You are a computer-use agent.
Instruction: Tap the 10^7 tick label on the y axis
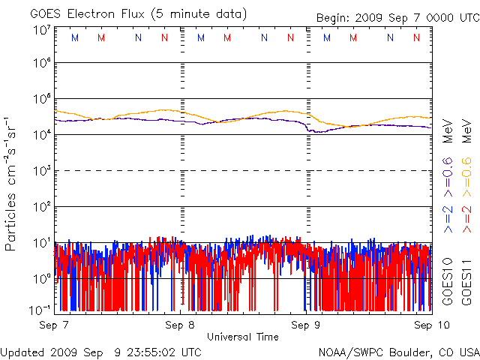click(x=41, y=30)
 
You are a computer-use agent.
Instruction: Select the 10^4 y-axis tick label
click(x=41, y=134)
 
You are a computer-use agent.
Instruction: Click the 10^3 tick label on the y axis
click(x=41, y=170)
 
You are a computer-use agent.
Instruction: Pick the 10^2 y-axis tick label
click(x=41, y=206)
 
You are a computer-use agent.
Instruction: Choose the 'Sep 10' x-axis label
click(x=425, y=326)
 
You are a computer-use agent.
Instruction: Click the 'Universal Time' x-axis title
click(x=242, y=337)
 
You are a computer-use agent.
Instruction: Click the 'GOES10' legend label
click(x=447, y=281)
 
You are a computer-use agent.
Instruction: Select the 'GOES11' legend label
click(x=466, y=281)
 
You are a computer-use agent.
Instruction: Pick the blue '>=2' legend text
click(x=447, y=218)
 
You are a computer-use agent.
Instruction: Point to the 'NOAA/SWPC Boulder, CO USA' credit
click(x=398, y=351)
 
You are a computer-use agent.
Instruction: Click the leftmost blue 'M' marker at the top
click(x=73, y=37)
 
